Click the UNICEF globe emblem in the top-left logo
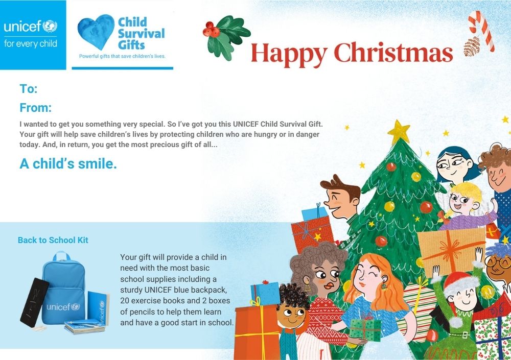click(50, 26)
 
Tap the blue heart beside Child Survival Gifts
click(96, 31)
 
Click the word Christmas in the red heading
click(393, 53)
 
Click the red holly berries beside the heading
click(211, 29)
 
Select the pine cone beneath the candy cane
click(472, 46)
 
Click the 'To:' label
click(28, 89)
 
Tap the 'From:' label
click(36, 108)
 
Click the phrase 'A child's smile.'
click(68, 163)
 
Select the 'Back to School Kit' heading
click(53, 240)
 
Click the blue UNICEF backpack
click(64, 288)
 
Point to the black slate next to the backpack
click(34, 302)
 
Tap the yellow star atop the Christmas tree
click(398, 132)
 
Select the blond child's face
click(462, 202)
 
